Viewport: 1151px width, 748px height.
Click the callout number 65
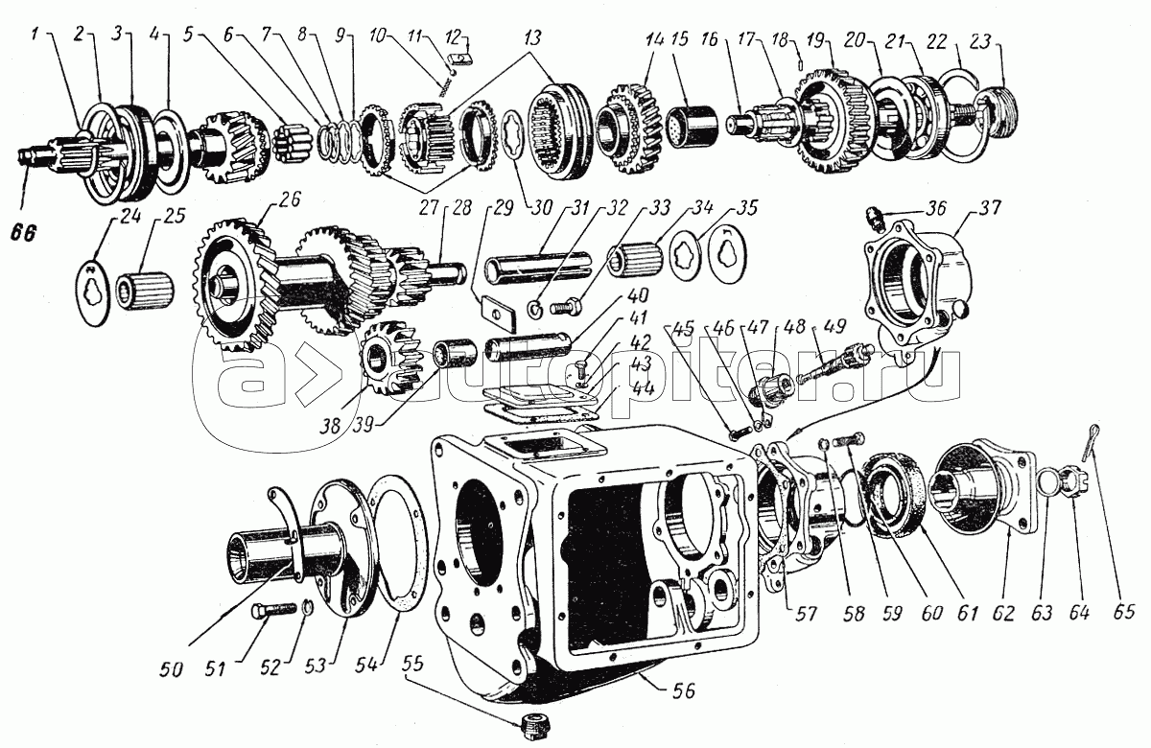1125,611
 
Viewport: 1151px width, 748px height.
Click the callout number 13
532,38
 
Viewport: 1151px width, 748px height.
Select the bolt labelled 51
270,611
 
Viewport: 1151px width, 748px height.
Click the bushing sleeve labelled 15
688,123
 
